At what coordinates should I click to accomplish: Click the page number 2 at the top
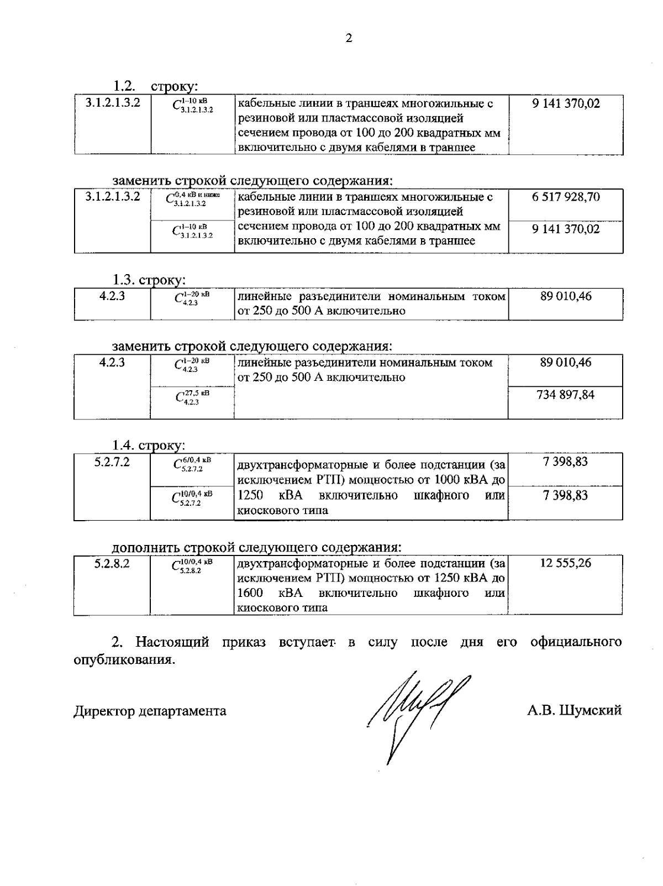coord(348,38)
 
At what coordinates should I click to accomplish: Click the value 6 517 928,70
coord(566,197)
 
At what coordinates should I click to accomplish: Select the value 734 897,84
coord(565,395)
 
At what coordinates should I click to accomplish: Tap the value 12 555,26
coord(565,563)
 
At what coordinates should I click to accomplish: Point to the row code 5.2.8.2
coord(112,564)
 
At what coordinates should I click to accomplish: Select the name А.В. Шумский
coord(574,710)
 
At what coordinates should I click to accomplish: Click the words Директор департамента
coord(150,711)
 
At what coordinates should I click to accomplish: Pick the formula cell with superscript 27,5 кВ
coord(192,397)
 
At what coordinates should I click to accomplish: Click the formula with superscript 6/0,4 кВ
coord(192,464)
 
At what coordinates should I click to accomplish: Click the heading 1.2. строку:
coord(155,86)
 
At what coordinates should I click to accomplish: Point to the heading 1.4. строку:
coord(149,445)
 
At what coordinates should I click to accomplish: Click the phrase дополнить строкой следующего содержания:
coord(256,547)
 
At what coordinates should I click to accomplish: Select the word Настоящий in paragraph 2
coord(172,642)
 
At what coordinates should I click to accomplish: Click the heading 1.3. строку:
coord(149,280)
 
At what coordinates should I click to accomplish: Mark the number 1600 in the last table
coord(249,593)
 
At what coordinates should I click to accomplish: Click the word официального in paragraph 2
coord(575,642)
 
